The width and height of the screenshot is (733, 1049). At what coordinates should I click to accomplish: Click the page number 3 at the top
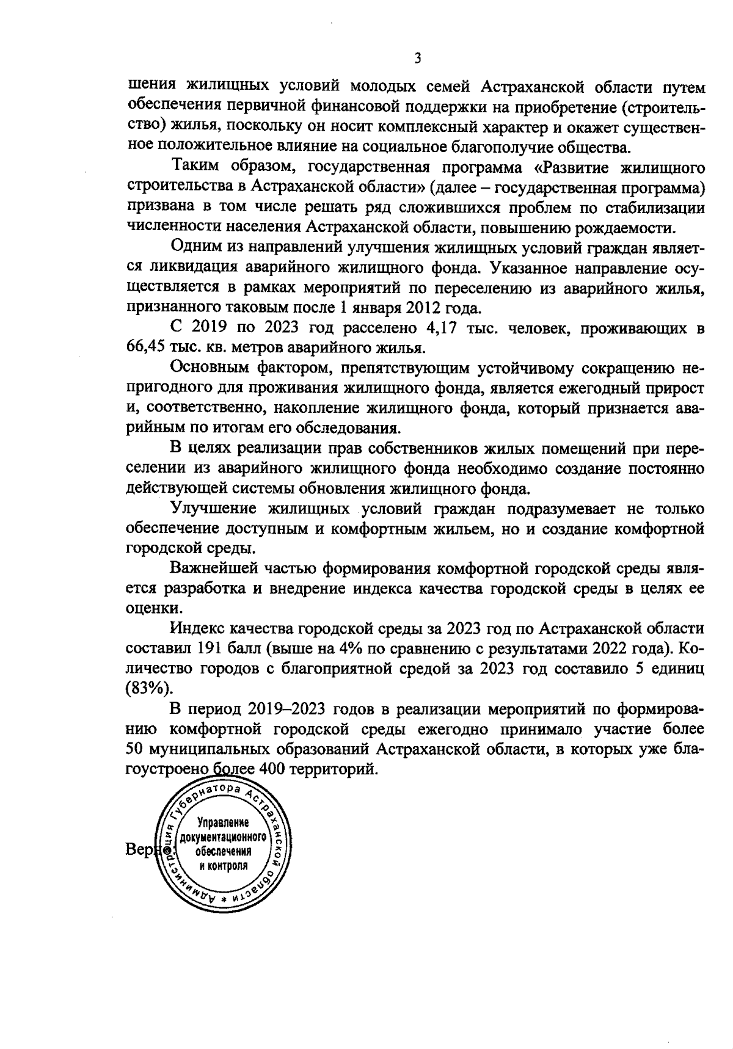click(x=417, y=59)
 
